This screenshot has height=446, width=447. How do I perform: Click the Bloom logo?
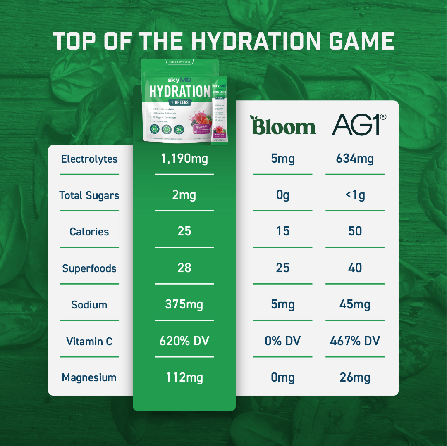pos(283,126)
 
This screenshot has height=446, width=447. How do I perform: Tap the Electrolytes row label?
pos(89,159)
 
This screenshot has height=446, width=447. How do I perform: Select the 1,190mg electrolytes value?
pos(184,159)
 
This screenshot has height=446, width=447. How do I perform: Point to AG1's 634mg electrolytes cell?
pos(355,159)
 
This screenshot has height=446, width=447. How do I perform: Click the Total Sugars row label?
pos(89,195)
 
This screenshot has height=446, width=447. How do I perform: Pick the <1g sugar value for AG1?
pos(355,195)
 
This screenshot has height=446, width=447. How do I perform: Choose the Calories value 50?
pos(355,231)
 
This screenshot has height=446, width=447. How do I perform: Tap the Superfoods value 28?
pos(184,268)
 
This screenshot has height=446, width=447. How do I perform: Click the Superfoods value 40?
pos(355,268)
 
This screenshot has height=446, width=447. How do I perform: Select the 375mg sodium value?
pos(184,304)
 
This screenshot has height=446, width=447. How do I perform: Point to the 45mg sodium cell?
pos(355,304)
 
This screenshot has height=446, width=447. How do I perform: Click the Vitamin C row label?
pos(89,342)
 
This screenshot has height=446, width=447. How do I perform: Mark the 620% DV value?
pos(184,341)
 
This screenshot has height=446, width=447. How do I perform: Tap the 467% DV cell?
pos(355,341)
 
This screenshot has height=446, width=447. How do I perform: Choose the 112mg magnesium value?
pos(184,377)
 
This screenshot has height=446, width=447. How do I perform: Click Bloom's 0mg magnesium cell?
pos(283,377)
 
